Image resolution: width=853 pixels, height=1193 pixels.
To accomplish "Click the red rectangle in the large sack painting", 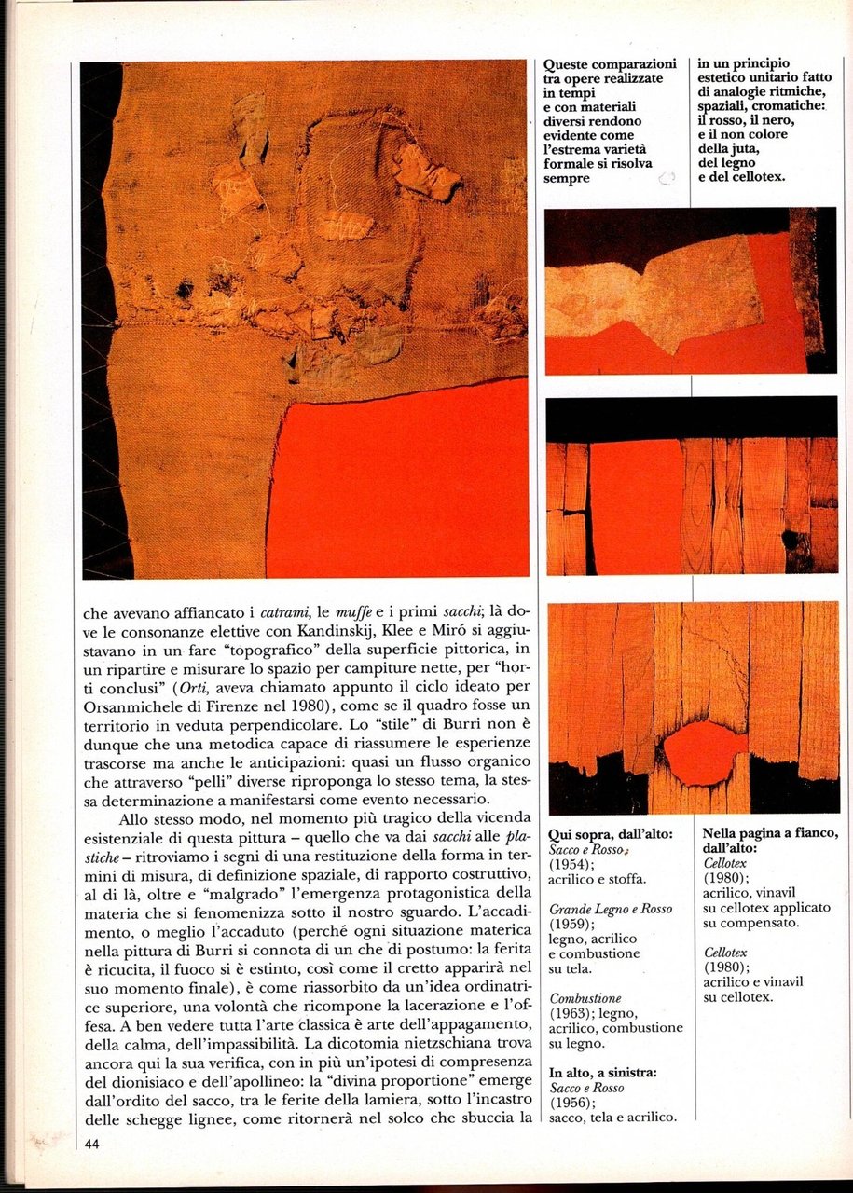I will [401, 485].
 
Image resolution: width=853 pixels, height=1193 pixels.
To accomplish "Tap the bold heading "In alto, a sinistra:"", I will [603, 1073].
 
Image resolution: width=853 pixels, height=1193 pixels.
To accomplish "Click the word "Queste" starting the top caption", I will [569, 64].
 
